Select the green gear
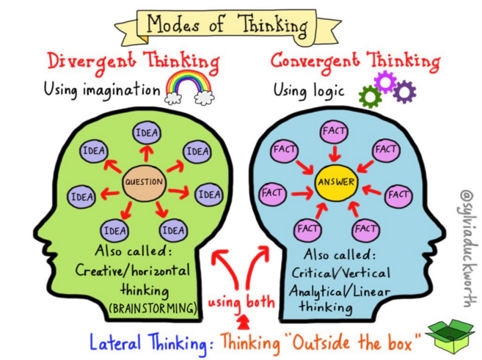[370, 96]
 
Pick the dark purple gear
[404, 92]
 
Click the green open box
[449, 335]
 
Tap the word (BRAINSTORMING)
[153, 309]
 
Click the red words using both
[241, 301]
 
